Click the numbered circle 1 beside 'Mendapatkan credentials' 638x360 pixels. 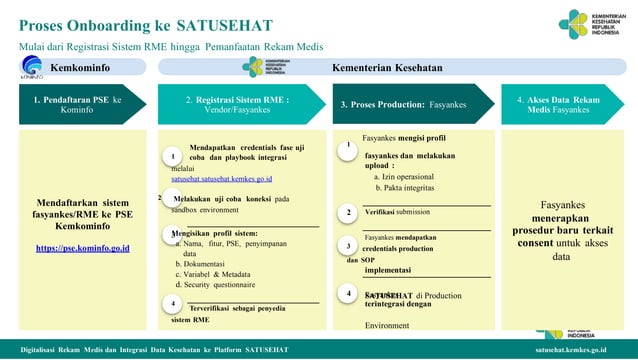(x=173, y=157)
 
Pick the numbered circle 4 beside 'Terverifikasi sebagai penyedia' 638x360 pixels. (x=173, y=303)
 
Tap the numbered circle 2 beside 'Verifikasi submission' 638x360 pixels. (x=348, y=212)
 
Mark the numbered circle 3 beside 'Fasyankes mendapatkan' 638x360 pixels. (x=348, y=246)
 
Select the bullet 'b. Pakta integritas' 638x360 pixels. (x=405, y=187)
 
